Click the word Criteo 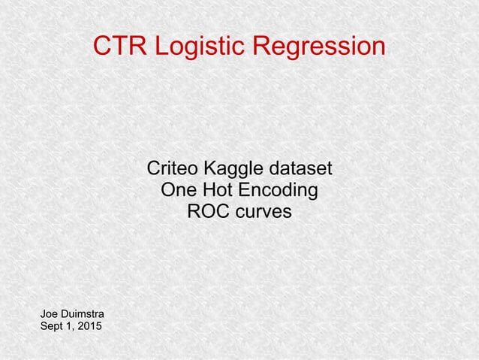click(171, 167)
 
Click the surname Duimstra click(83, 313)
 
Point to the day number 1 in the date click(71, 326)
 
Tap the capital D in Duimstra click(65, 313)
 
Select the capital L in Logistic click(161, 47)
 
